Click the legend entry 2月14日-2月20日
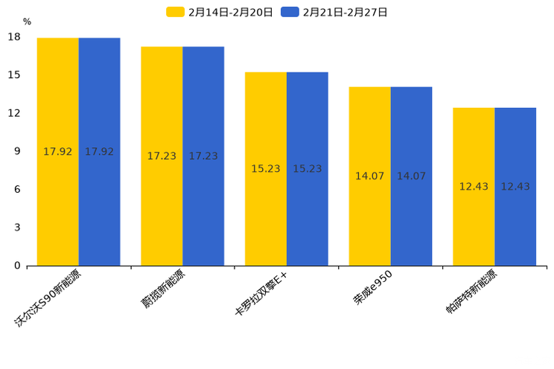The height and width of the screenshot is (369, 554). tap(220, 12)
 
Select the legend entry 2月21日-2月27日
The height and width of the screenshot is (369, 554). tap(335, 12)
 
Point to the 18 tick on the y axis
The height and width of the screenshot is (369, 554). tap(14, 37)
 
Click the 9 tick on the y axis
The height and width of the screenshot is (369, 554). tap(17, 151)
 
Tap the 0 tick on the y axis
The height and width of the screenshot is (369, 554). tap(17, 266)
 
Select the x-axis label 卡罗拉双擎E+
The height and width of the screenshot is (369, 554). tap(261, 295)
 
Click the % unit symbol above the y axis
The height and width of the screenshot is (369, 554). tap(27, 22)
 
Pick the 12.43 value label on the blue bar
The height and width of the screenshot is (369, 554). tap(515, 187)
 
